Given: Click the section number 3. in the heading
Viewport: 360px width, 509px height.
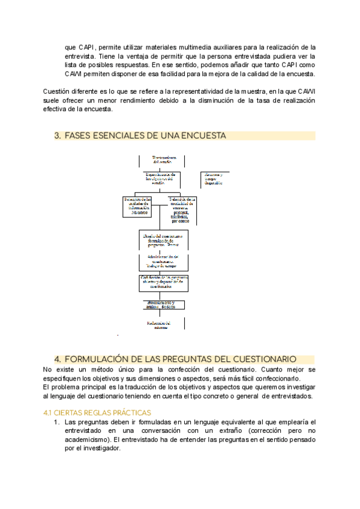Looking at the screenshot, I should click(x=58, y=136).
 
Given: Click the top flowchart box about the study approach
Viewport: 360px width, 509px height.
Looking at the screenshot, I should click(x=161, y=160).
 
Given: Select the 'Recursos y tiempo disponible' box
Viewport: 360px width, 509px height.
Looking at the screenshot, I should click(x=214, y=178).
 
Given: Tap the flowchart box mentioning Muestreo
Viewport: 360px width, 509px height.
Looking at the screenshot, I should click(x=137, y=205).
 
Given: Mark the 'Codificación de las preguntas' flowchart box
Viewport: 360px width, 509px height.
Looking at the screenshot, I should click(x=164, y=282).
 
